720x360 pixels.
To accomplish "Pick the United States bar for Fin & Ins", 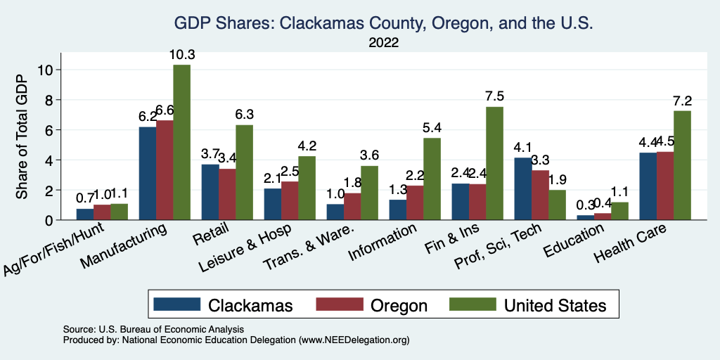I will (x=494, y=163).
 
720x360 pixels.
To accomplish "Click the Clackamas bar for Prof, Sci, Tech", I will (x=522, y=188).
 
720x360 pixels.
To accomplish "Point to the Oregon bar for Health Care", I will (x=665, y=186).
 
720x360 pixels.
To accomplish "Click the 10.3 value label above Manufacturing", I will (x=182, y=55).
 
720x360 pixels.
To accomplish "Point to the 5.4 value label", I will (x=432, y=129).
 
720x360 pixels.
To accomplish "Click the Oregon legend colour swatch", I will (x=340, y=304).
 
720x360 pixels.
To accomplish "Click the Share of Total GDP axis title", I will (x=22, y=137).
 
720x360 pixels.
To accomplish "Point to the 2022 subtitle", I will (x=384, y=43).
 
